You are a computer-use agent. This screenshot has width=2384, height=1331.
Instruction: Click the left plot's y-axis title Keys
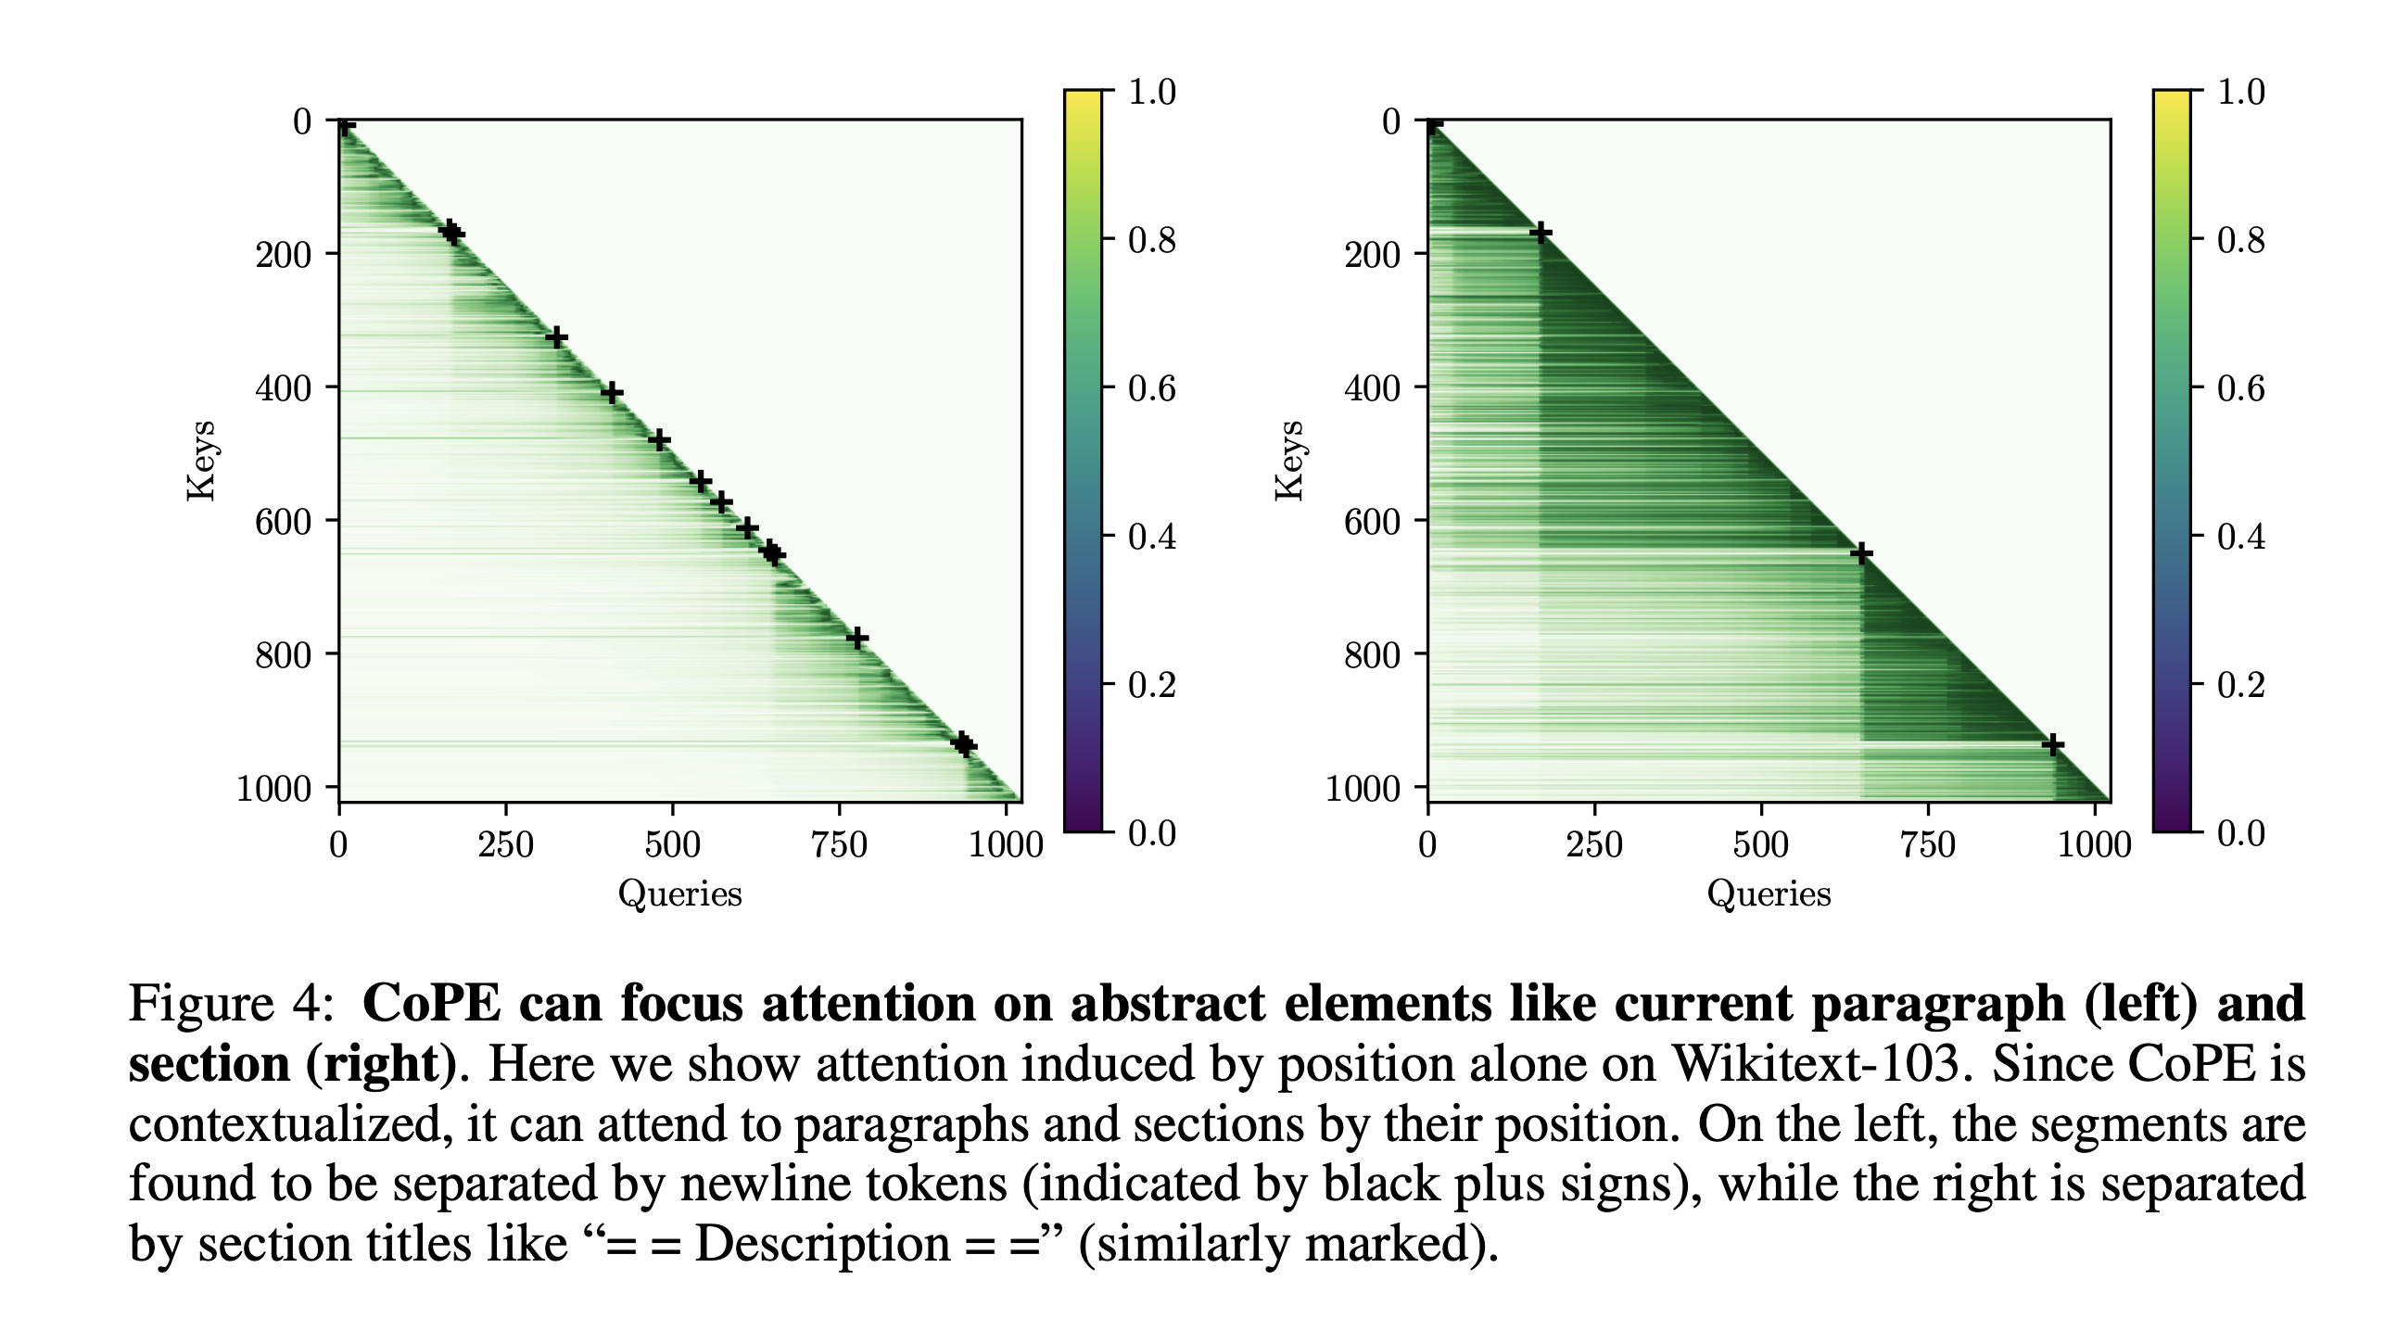(201, 461)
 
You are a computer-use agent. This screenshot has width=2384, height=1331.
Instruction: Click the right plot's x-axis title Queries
(1769, 894)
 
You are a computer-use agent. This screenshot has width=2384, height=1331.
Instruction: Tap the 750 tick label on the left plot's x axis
(839, 845)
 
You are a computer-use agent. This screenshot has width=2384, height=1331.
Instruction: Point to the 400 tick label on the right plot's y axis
(1372, 387)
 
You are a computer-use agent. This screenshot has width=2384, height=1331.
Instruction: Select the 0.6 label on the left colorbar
(1151, 388)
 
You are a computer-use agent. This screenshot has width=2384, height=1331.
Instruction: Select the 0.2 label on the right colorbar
(2240, 685)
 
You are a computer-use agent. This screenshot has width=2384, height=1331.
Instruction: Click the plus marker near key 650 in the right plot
(1861, 554)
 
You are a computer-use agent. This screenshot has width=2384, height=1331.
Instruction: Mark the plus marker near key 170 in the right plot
(1540, 233)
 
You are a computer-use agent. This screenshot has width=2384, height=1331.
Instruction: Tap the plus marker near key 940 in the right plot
(2053, 744)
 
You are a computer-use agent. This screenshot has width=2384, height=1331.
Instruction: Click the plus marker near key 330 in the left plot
(556, 337)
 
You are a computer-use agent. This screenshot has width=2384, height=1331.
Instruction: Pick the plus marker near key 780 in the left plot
(857, 638)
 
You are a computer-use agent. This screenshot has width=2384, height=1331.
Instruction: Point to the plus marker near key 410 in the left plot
(612, 393)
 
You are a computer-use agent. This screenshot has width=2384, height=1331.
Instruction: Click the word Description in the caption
(821, 1244)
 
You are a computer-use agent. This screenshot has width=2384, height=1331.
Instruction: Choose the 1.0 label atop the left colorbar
(1151, 92)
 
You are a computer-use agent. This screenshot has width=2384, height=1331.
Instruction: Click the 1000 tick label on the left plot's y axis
(273, 789)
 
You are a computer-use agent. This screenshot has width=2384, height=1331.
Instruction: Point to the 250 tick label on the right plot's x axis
(1594, 845)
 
